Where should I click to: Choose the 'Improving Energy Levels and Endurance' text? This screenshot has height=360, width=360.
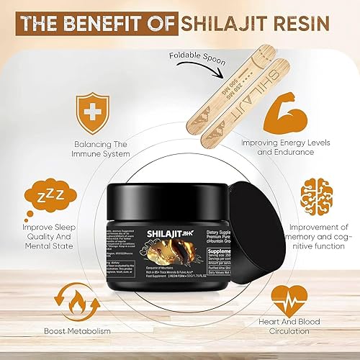click(x=295, y=147)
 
